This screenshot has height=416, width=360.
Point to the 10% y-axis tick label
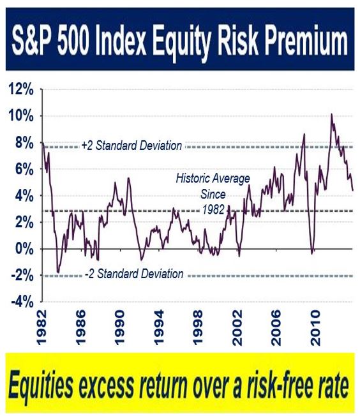(x=21, y=116)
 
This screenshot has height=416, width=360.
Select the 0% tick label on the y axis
(x=24, y=249)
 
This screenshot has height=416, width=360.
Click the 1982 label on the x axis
(x=41, y=328)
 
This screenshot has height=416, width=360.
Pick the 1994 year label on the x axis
(x=158, y=328)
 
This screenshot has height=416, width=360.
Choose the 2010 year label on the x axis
(x=315, y=328)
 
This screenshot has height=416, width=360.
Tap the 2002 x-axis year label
(x=237, y=328)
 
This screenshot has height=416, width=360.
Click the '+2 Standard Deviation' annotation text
(x=131, y=145)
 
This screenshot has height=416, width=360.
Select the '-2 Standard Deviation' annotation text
(x=134, y=274)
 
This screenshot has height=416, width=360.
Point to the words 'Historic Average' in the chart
(x=213, y=178)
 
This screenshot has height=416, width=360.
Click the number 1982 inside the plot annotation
(x=213, y=209)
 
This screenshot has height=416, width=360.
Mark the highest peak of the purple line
(x=331, y=114)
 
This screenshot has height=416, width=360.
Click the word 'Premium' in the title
(x=304, y=42)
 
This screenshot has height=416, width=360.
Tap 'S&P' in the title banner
(x=33, y=42)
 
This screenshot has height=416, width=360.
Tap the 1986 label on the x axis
(x=80, y=328)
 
